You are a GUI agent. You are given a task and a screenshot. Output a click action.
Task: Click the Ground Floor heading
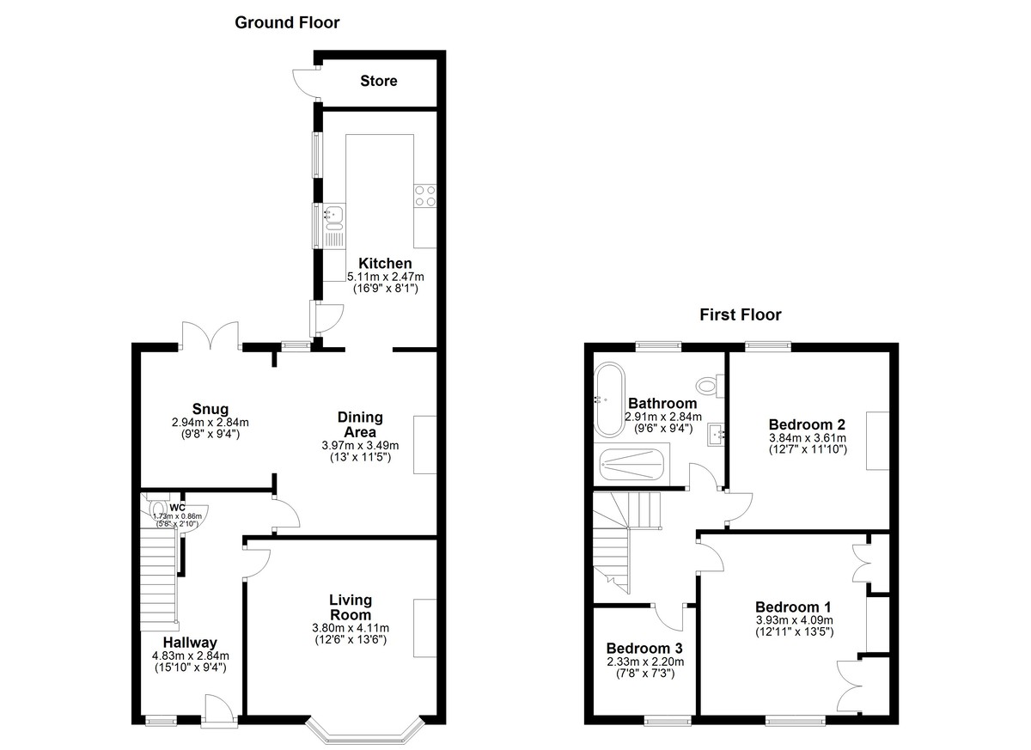pyautogui.click(x=287, y=22)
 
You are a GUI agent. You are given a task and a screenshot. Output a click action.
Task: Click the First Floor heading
pyautogui.click(x=741, y=314)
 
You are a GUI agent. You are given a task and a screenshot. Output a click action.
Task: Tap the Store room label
pyautogui.click(x=378, y=81)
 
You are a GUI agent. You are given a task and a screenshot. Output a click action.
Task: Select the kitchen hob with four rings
pyautogui.click(x=425, y=196)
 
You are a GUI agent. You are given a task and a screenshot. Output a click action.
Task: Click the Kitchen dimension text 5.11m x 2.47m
pyautogui.click(x=385, y=277)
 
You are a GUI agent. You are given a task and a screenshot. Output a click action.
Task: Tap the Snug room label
pyautogui.click(x=210, y=409)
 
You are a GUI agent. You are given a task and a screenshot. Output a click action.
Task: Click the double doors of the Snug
pyautogui.click(x=210, y=335)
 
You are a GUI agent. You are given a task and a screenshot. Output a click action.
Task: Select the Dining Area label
pyautogui.click(x=360, y=424)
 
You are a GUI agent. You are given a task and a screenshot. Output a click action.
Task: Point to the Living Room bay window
pyautogui.click(x=364, y=733)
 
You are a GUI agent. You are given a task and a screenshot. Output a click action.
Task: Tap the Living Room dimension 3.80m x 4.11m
pyautogui.click(x=351, y=628)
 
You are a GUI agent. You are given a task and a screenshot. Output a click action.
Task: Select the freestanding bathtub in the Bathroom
pyautogui.click(x=609, y=399)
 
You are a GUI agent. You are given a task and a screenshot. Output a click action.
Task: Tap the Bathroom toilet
pyautogui.click(x=711, y=385)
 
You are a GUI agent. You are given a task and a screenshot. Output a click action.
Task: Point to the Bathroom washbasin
pyautogui.click(x=717, y=435)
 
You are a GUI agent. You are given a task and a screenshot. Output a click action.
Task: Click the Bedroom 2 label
pyautogui.click(x=807, y=424)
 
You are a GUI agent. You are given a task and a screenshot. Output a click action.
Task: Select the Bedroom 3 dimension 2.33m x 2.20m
pyautogui.click(x=645, y=662)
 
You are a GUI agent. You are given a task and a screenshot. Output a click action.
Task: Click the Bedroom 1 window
pyautogui.click(x=796, y=721)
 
